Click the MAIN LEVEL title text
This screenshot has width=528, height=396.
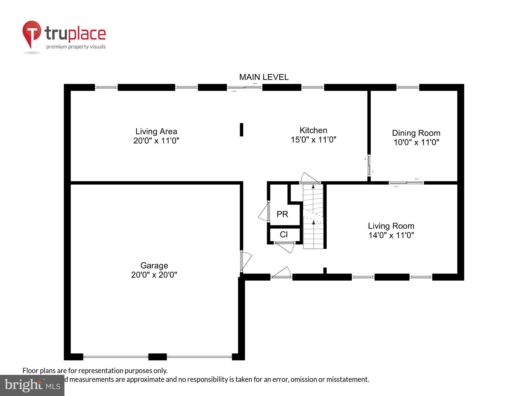[x=264, y=77]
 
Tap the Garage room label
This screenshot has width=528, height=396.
[x=154, y=265]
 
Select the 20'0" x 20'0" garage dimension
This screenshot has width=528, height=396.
[x=154, y=275]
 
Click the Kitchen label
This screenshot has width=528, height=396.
[x=313, y=130]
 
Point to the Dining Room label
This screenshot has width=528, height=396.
[x=416, y=133]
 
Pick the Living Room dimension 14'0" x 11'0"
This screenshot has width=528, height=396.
[x=391, y=235]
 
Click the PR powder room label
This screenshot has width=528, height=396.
[x=282, y=214]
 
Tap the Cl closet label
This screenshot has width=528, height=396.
[x=284, y=234]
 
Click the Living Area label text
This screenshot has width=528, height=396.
[x=156, y=131]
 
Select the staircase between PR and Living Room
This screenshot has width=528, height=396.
[x=313, y=217]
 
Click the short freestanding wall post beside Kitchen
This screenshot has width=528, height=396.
[x=241, y=130]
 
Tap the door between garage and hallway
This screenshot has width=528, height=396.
[x=245, y=261]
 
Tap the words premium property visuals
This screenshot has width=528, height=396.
[x=76, y=47]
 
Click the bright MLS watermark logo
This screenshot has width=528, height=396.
[x=32, y=385]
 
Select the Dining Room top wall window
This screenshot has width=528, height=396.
[x=408, y=87]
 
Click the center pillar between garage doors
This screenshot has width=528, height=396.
[x=158, y=357]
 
